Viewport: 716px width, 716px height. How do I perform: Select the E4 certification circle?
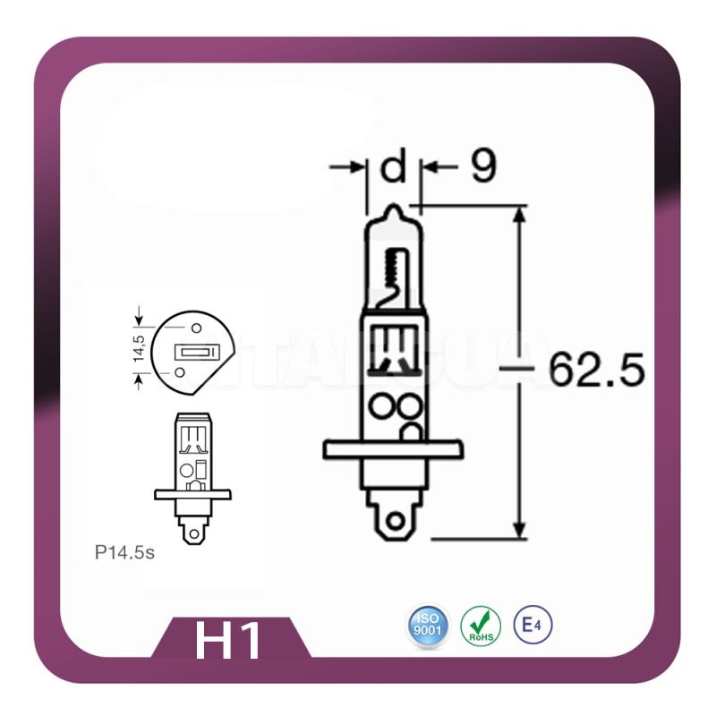[x=533, y=624]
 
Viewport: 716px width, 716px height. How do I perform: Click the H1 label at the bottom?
[x=229, y=641]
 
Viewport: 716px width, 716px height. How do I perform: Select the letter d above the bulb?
[x=393, y=167]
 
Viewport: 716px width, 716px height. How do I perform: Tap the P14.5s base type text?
[x=124, y=552]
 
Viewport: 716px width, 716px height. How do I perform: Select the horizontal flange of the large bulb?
[x=393, y=448]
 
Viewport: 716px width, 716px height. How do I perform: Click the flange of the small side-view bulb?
[x=192, y=493]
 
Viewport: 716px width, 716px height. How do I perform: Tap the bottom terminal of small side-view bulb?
[x=192, y=531]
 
